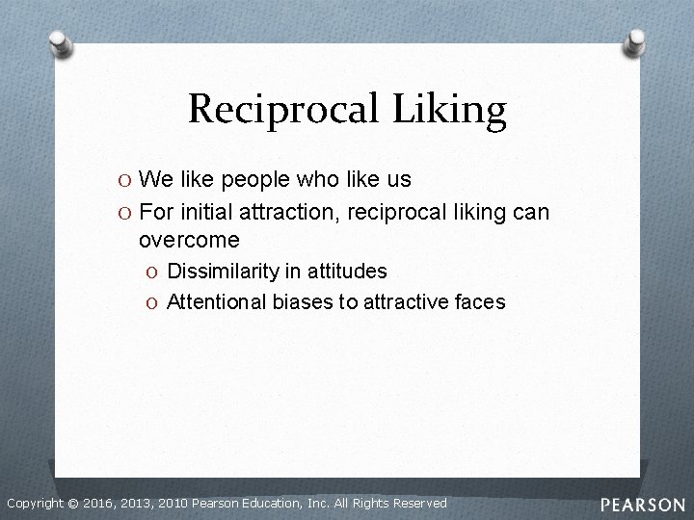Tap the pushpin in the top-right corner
click(635, 41)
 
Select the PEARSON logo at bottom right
click(643, 505)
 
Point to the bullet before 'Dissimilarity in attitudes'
click(153, 273)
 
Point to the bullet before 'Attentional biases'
click(153, 303)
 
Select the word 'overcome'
click(189, 240)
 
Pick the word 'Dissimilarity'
click(222, 272)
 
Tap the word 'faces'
click(481, 302)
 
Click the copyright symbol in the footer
click(73, 504)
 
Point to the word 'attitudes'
click(349, 272)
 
